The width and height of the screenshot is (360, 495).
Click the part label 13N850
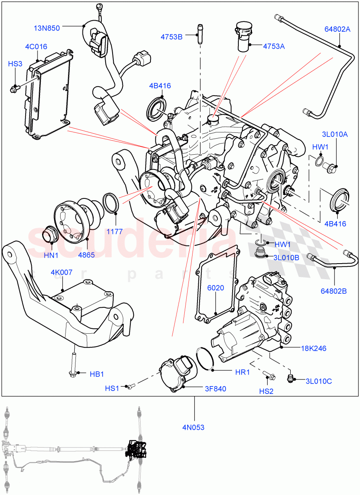(47, 28)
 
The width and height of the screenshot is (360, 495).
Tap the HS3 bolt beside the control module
(15, 87)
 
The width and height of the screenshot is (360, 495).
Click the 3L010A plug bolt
(332, 167)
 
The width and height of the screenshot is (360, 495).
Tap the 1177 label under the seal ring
(114, 231)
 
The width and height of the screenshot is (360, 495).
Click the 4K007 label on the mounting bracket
(62, 273)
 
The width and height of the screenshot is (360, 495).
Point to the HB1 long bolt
(73, 363)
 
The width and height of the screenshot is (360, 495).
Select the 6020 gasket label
(216, 288)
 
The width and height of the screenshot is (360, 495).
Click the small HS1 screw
(131, 386)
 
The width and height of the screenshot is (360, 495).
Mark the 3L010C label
(319, 381)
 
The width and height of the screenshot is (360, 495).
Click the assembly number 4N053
(194, 427)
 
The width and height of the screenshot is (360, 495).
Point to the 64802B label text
(334, 291)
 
